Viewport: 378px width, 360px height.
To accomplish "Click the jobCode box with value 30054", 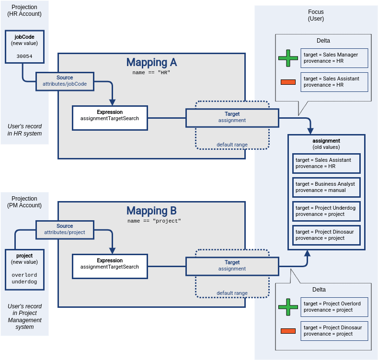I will click(x=24, y=46).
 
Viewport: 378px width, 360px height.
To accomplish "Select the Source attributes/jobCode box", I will click(x=65, y=80).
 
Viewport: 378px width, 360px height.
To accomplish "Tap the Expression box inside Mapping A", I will click(x=110, y=118).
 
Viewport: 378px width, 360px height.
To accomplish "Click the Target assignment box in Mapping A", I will click(x=232, y=117).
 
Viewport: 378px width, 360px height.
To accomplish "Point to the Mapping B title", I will click(x=151, y=211).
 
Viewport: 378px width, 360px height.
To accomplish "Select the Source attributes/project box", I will click(x=65, y=229).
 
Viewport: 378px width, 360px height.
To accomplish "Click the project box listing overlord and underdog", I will click(x=24, y=269).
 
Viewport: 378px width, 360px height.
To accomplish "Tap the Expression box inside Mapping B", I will click(x=110, y=266).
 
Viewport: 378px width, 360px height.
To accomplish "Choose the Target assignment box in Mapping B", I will click(x=232, y=266).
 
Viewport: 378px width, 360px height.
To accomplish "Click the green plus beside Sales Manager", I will click(x=288, y=58).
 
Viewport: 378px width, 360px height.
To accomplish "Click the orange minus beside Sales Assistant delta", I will click(x=288, y=82).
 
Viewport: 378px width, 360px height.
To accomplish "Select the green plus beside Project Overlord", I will click(x=288, y=307).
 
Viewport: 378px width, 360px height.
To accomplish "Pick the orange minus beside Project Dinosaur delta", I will click(x=288, y=331).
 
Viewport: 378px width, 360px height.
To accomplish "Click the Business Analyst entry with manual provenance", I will click(x=326, y=187).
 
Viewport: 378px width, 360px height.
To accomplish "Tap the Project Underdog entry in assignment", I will click(x=326, y=211).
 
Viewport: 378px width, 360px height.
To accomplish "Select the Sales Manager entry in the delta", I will click(x=334, y=58).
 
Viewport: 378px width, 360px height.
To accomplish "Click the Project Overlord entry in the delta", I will click(x=334, y=307).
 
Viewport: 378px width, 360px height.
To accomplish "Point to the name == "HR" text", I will click(x=151, y=73).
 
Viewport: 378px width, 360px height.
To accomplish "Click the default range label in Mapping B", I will click(x=232, y=293).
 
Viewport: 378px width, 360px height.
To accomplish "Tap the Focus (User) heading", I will click(x=316, y=15).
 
